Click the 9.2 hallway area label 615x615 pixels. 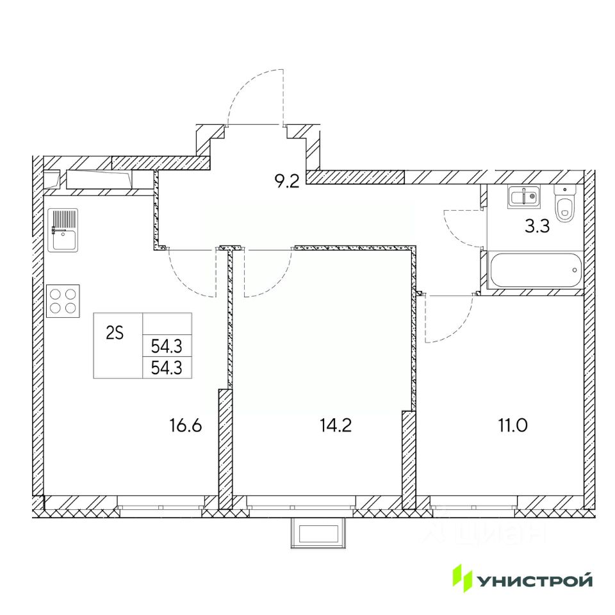pyautogui.click(x=287, y=181)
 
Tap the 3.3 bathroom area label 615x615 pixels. pyautogui.click(x=537, y=226)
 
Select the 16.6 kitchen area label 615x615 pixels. pyautogui.click(x=186, y=425)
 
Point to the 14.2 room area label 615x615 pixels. pyautogui.click(x=336, y=425)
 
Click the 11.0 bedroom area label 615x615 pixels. pyautogui.click(x=512, y=425)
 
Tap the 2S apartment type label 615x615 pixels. pyautogui.click(x=115, y=333)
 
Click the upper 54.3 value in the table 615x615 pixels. pyautogui.click(x=167, y=347)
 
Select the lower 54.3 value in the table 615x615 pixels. pyautogui.click(x=167, y=368)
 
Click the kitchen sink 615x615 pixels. pyautogui.click(x=63, y=230)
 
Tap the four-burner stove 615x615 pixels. pyautogui.click(x=63, y=301)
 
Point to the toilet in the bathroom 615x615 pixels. pyautogui.click(x=564, y=204)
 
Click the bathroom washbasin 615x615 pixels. pyautogui.click(x=523, y=197)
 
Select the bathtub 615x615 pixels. pyautogui.click(x=536, y=270)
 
